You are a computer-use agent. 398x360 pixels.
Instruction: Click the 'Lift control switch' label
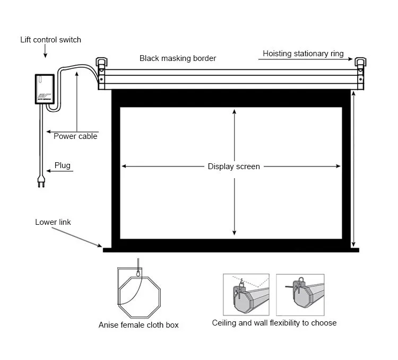tap(50, 40)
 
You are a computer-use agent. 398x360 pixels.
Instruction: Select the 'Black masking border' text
tap(178, 58)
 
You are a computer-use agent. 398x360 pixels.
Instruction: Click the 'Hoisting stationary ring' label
tap(303, 54)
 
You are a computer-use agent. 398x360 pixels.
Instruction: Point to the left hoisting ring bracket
tap(102, 65)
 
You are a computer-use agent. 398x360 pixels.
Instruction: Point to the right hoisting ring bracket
tap(361, 65)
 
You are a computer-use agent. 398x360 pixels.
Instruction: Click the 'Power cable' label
tap(75, 136)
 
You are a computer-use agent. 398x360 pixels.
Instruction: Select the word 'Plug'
tap(62, 166)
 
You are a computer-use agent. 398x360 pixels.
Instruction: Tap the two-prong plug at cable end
tap(40, 182)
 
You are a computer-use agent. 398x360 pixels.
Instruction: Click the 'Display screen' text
tap(233, 166)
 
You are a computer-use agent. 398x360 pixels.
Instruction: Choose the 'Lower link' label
tap(53, 222)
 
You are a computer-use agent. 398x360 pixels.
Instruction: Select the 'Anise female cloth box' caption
tap(139, 325)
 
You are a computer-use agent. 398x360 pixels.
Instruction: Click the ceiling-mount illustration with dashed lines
tap(246, 295)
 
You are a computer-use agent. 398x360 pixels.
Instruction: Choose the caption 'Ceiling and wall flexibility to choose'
tap(274, 323)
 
